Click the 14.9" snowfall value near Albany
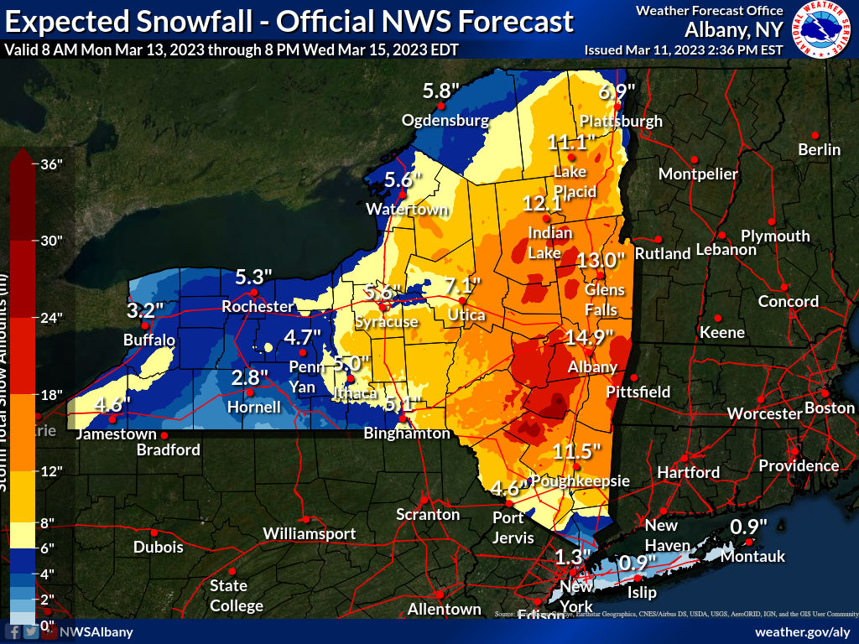(x=589, y=339)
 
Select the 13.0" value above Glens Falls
(x=601, y=260)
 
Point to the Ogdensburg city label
(x=445, y=120)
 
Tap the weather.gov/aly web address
(x=803, y=631)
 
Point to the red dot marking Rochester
(x=254, y=292)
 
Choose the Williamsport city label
(x=309, y=533)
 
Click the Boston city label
(x=829, y=408)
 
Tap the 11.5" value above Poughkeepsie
(x=578, y=451)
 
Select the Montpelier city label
(x=698, y=174)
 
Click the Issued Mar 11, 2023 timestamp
(x=683, y=49)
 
